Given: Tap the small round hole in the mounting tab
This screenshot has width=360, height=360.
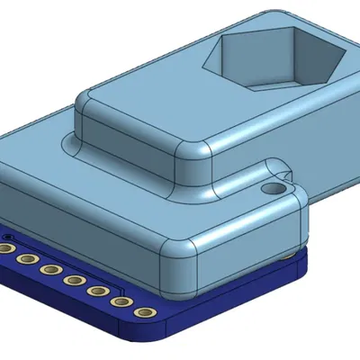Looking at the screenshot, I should pos(272,189).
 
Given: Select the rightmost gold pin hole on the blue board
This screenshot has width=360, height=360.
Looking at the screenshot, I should pos(143,312).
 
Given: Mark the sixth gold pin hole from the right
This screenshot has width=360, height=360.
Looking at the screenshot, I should pos(28,259).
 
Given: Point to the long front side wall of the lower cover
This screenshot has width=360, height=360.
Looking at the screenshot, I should pos(81,234).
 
